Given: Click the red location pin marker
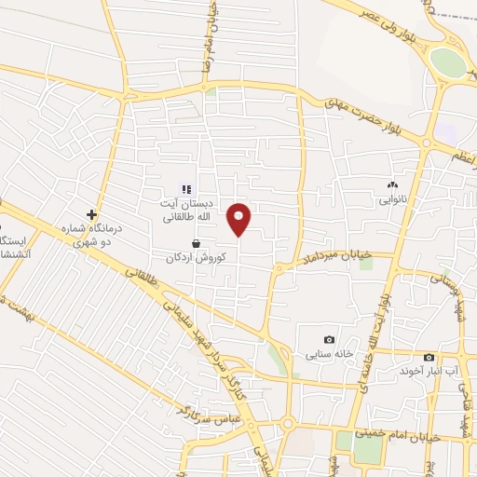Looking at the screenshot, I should click(x=239, y=219).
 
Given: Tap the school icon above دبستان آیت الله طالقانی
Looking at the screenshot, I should click(x=186, y=189).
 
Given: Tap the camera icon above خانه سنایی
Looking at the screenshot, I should click(x=328, y=340).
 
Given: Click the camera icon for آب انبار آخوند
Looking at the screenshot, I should click(x=429, y=358).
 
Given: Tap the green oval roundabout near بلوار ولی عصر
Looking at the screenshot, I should click(x=448, y=63).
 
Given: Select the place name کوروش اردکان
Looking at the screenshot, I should click(x=202, y=256).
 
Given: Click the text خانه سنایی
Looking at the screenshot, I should click(x=328, y=355).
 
